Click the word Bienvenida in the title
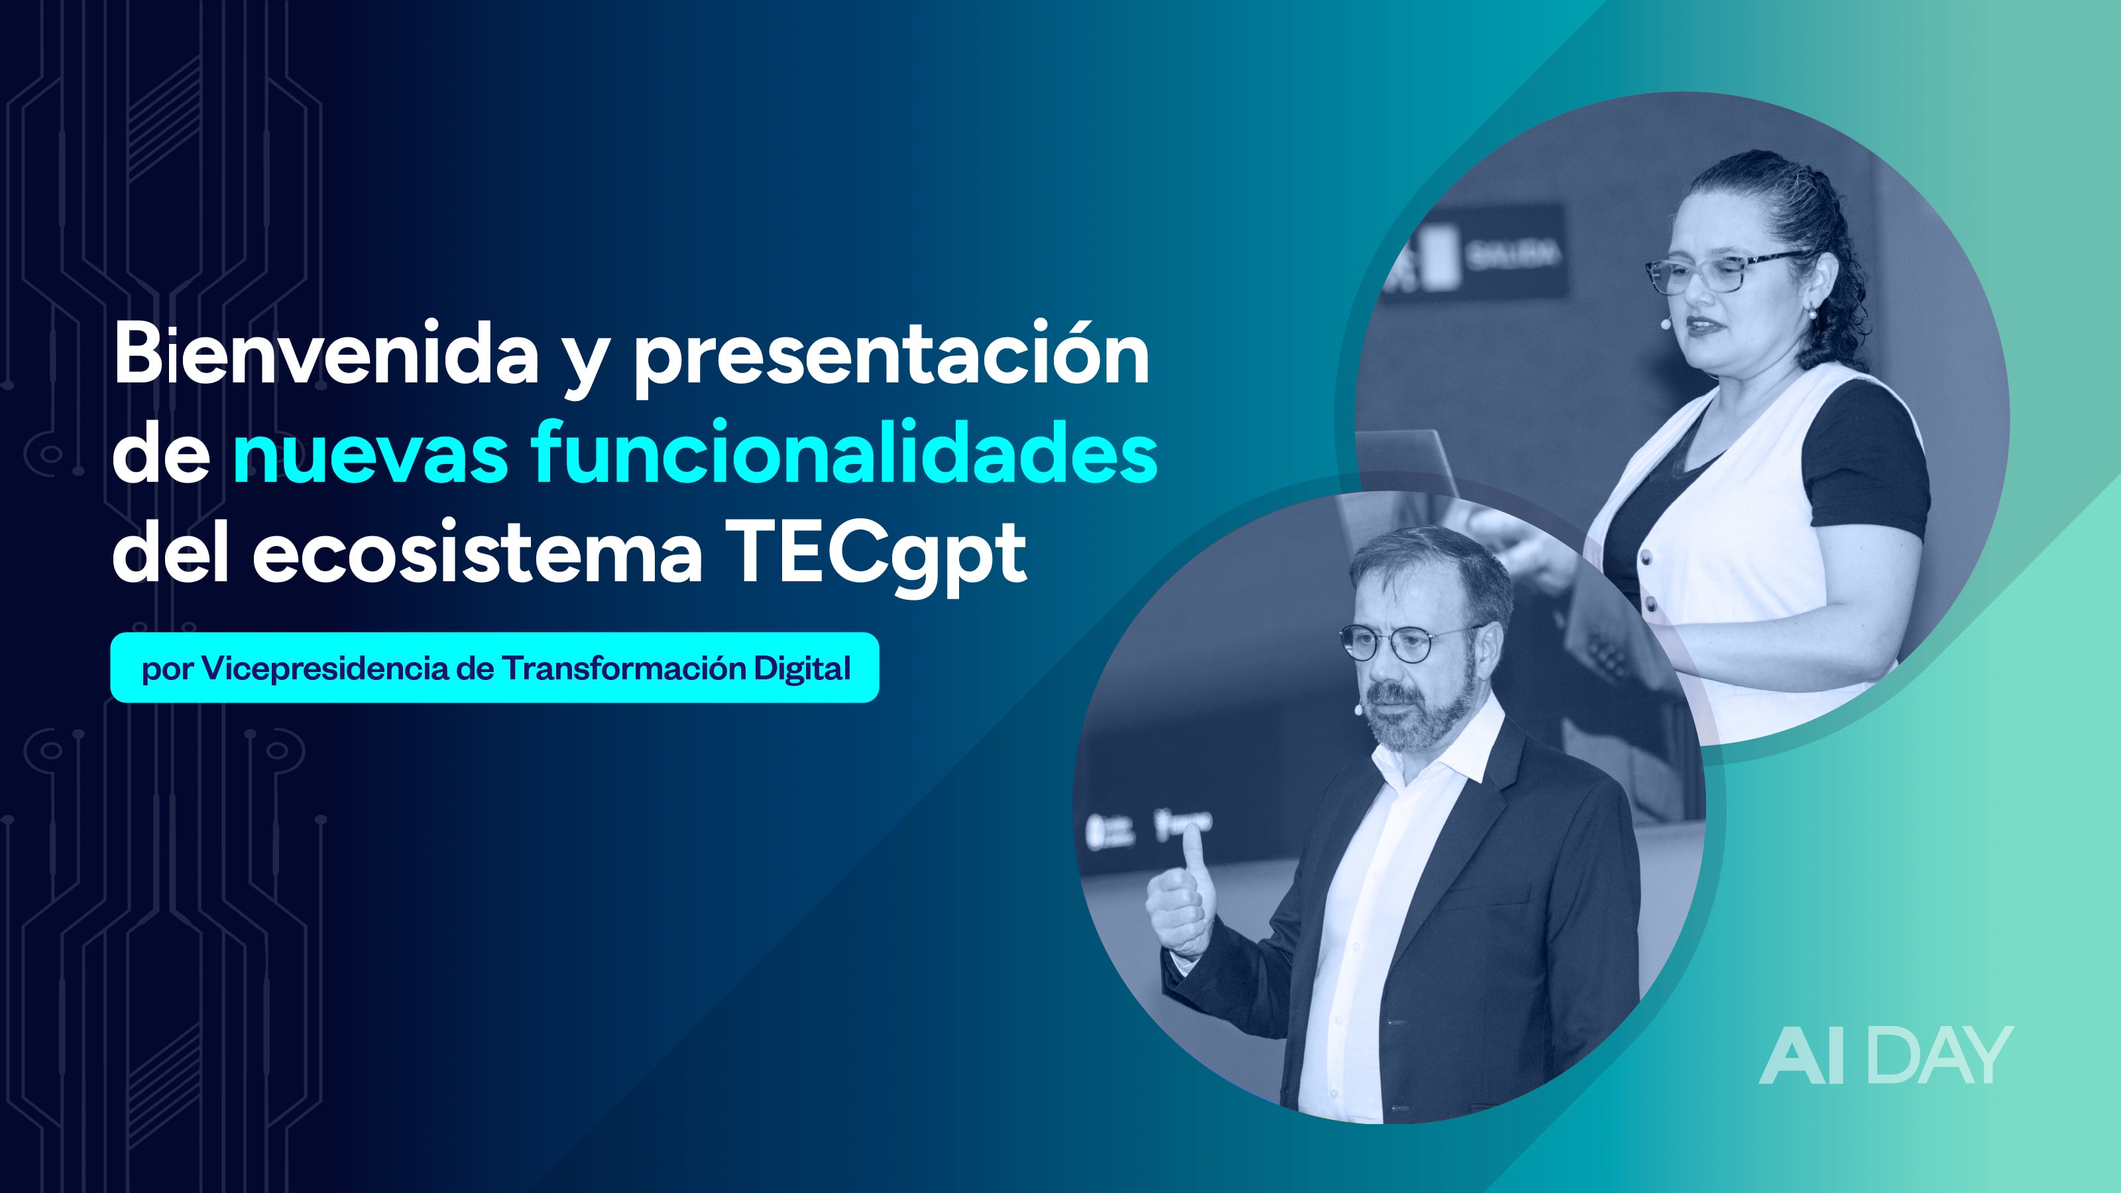[x=326, y=354]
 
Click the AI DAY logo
[x=1886, y=1056]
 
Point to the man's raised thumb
[x=1192, y=856]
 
